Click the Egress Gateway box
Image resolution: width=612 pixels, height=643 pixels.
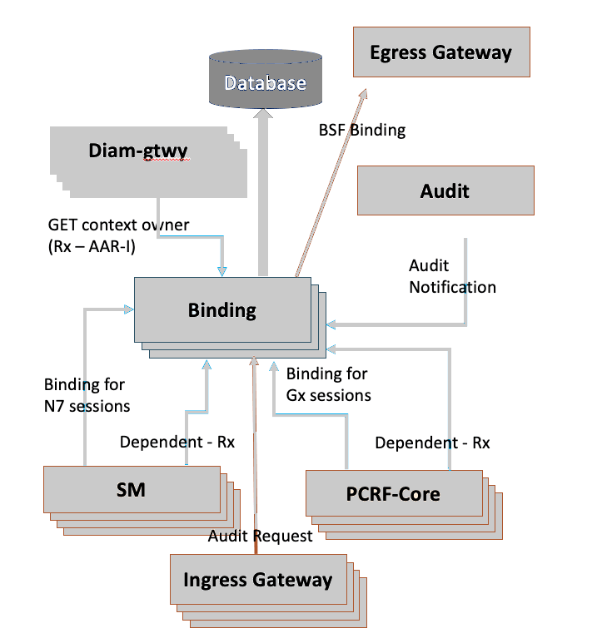click(x=441, y=52)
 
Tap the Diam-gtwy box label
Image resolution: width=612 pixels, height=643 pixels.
click(x=137, y=151)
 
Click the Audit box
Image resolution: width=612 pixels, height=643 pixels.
click(x=445, y=190)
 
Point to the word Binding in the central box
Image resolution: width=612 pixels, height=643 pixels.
click(x=221, y=310)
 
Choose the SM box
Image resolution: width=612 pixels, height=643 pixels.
click(x=131, y=489)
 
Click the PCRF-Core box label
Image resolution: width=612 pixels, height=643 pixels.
click(x=393, y=493)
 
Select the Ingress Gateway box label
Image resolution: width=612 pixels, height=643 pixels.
click(x=257, y=579)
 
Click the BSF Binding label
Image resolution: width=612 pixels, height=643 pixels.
click(x=361, y=130)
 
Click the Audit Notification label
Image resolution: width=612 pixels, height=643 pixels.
click(x=452, y=276)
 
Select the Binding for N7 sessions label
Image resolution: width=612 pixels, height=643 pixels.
click(x=87, y=395)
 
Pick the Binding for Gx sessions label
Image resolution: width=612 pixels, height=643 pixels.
click(x=328, y=384)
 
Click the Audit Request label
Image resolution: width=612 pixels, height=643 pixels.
click(x=260, y=536)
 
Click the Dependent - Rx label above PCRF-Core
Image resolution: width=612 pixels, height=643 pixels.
click(x=432, y=443)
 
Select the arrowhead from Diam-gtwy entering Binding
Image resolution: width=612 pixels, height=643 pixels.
click(x=222, y=270)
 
